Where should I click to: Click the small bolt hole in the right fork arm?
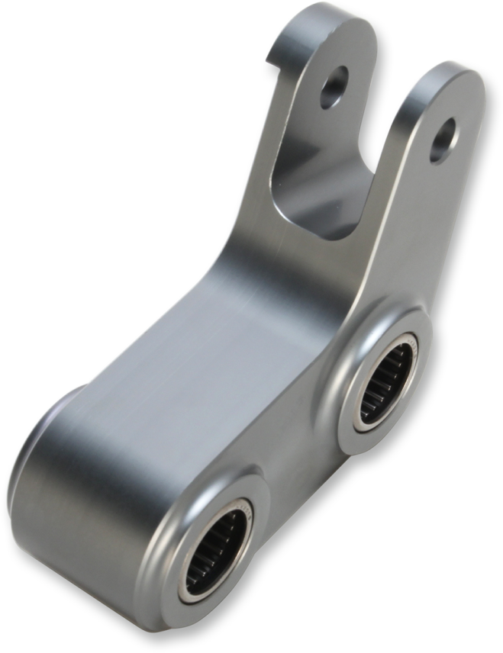pyautogui.click(x=443, y=140)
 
